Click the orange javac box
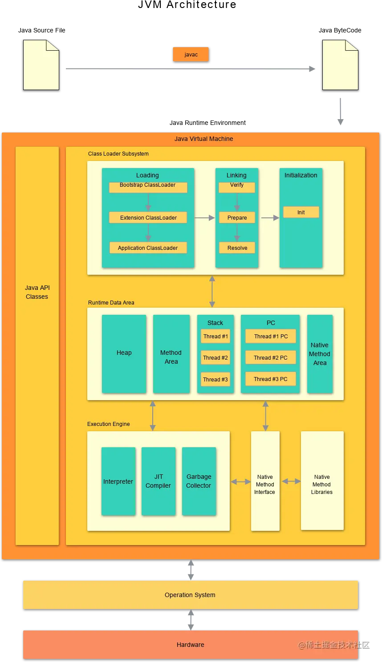191,54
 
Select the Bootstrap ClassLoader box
148,187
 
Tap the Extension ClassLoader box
148,217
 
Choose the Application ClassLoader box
148,248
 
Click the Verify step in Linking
237,187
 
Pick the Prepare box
237,217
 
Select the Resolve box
237,248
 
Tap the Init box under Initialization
301,212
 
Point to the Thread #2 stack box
215,357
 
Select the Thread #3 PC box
270,379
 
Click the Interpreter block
118,481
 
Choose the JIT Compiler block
158,481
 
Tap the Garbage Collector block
199,481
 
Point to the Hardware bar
191,645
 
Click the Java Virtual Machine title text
203,139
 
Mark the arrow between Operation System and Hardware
191,620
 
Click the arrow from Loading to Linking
204,218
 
